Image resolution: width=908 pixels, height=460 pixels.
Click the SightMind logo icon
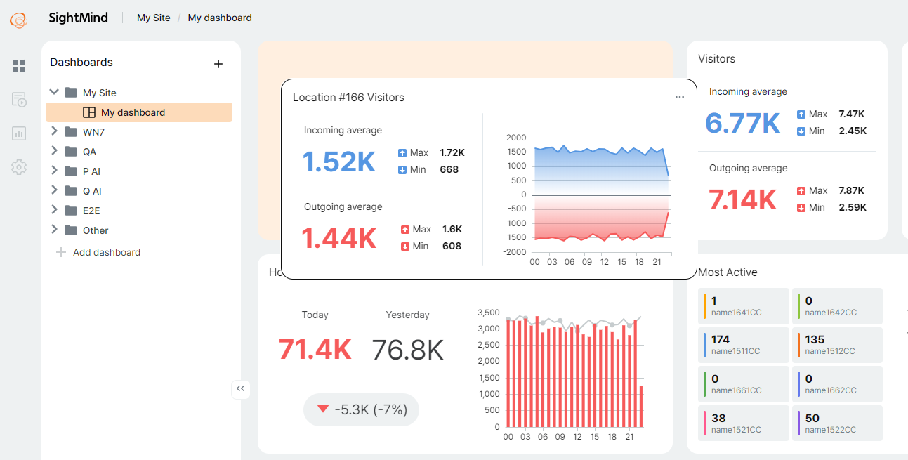click(18, 20)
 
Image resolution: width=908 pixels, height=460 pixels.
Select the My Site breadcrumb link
click(153, 18)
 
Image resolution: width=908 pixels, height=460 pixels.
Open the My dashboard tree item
click(133, 112)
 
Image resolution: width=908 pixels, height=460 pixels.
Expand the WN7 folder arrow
click(54, 131)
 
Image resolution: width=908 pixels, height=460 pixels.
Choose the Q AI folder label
click(92, 191)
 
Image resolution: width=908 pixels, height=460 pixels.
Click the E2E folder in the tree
click(91, 211)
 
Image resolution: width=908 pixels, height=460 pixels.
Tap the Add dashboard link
click(106, 252)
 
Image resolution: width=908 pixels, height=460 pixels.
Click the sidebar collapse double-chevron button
click(241, 389)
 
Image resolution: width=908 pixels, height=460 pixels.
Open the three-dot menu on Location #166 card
click(679, 97)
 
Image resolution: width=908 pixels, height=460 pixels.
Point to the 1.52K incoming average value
click(339, 162)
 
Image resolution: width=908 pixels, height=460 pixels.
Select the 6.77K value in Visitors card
click(742, 123)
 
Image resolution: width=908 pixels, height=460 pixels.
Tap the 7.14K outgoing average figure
click(742, 199)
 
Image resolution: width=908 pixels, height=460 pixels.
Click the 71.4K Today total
click(315, 349)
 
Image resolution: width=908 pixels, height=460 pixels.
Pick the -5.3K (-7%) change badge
click(361, 409)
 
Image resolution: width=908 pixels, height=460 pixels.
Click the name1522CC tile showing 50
click(836, 423)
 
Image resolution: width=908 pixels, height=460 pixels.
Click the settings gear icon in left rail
click(19, 167)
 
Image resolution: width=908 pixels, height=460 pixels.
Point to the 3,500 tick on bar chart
click(487, 313)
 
